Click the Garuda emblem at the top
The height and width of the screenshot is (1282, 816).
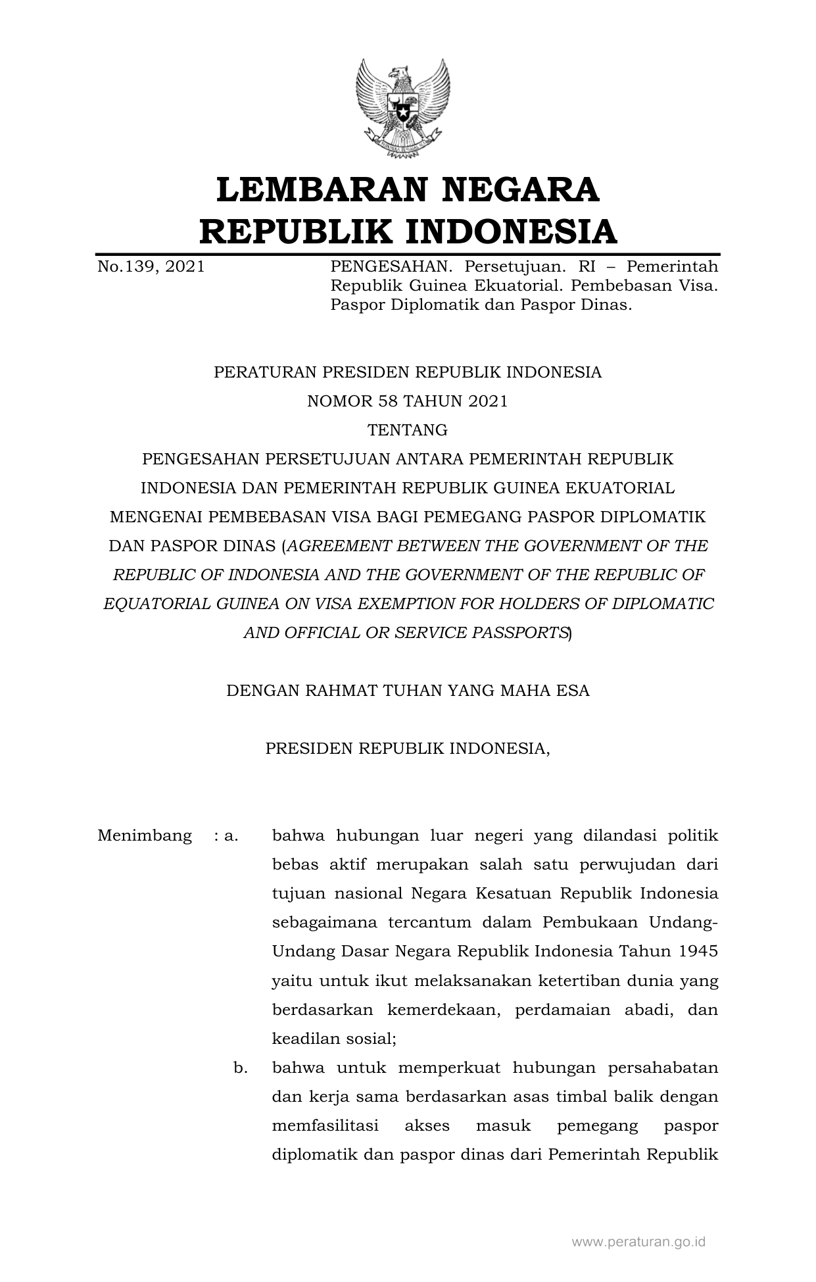(402, 107)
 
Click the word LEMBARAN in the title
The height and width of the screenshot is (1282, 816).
(315, 189)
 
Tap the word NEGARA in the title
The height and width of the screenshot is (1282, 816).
(520, 189)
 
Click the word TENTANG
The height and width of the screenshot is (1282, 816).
(408, 430)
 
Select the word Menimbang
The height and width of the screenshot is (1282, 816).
(145, 836)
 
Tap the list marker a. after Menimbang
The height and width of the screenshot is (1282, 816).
(231, 836)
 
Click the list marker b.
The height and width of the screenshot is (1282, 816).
(241, 1068)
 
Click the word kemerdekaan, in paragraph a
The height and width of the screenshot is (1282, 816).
(443, 1010)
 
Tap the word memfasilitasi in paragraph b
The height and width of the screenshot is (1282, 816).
(325, 1125)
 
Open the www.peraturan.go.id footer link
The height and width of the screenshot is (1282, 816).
(638, 1241)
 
